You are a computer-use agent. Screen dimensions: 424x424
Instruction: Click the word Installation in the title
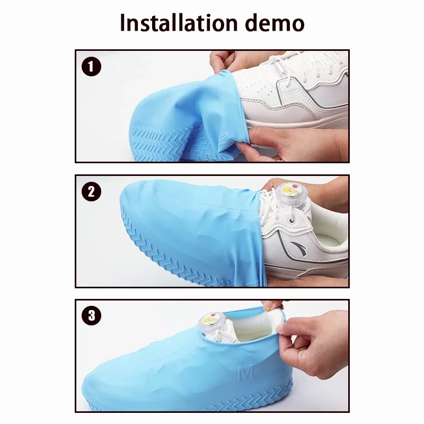click(x=179, y=22)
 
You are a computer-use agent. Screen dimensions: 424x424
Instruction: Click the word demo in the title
click(x=275, y=22)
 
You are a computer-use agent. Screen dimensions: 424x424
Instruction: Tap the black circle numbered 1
click(x=91, y=66)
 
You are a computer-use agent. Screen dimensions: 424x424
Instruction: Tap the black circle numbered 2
click(x=91, y=191)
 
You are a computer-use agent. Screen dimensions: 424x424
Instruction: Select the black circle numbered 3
click(x=91, y=315)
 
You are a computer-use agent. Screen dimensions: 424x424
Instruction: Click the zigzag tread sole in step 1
click(x=173, y=142)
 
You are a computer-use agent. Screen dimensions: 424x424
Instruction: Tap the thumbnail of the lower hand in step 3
click(x=280, y=328)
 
